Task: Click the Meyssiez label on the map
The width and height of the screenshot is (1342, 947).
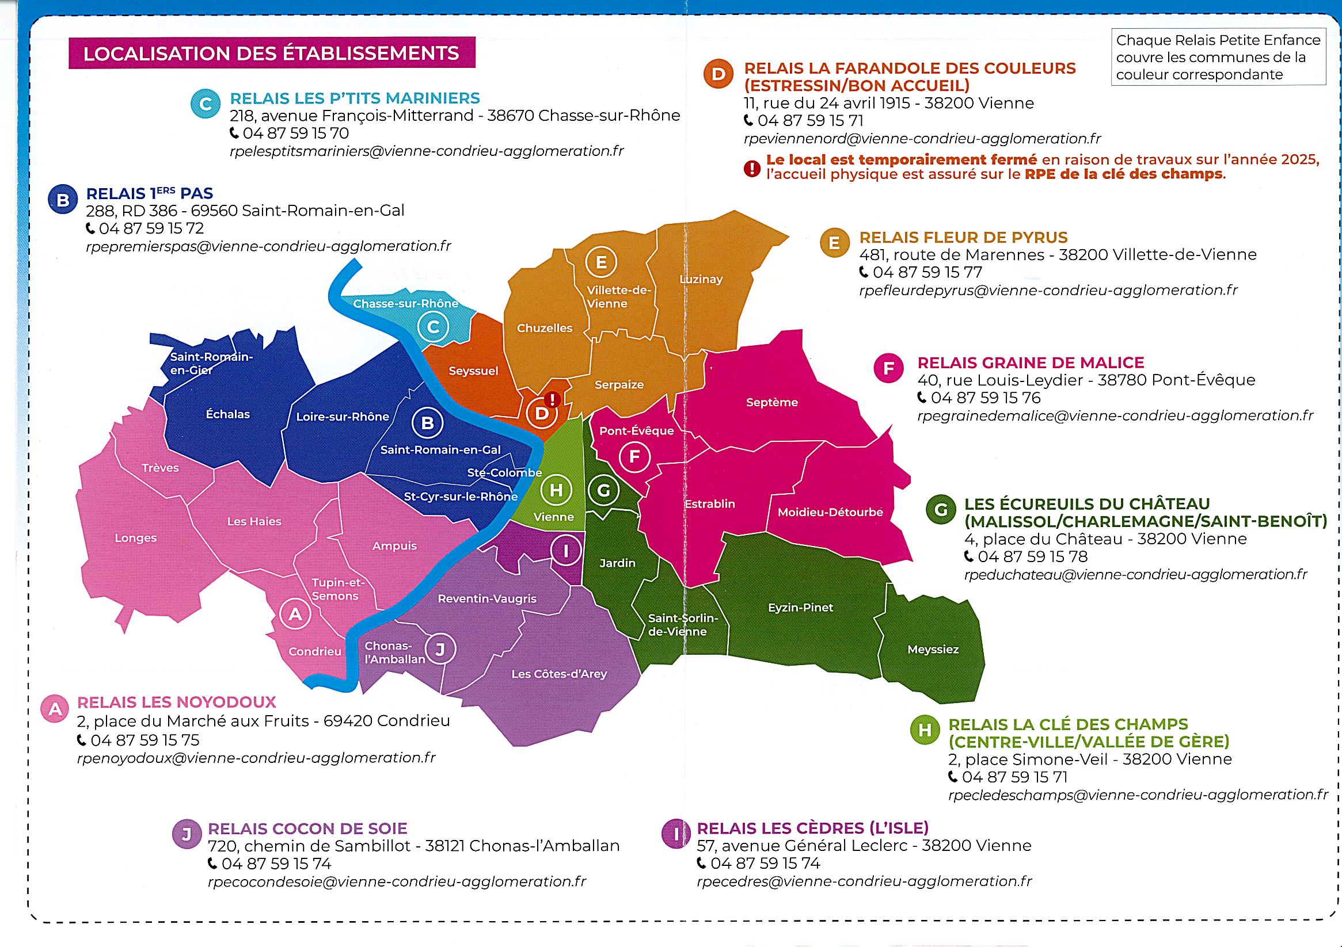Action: [x=933, y=649]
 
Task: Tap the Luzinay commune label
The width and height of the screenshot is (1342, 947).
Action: [x=701, y=279]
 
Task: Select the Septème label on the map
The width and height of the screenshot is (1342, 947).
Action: [x=771, y=402]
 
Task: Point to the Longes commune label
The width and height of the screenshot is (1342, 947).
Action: [x=136, y=538]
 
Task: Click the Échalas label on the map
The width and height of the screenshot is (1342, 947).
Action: [x=227, y=414]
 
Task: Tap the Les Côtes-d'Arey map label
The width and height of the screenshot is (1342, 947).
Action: [x=559, y=674]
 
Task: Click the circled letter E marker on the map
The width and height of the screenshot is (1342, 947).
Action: [x=601, y=262]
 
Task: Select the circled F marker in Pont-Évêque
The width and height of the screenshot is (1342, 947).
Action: [x=634, y=457]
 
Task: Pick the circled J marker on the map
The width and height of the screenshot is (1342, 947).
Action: [x=440, y=648]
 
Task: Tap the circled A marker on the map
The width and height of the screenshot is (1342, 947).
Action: [x=295, y=614]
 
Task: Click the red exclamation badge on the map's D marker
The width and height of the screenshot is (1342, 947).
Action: [x=552, y=400]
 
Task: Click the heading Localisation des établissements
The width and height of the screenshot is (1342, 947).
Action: [x=271, y=53]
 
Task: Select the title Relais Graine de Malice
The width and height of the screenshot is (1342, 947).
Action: [x=1031, y=363]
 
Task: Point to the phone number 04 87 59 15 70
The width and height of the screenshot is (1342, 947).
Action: [x=296, y=133]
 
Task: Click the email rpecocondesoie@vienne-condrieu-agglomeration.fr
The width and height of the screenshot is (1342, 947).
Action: [x=396, y=881]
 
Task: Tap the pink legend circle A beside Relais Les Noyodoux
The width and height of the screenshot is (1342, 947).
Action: [x=55, y=709]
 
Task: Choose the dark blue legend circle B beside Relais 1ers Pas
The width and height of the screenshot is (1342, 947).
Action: [x=63, y=200]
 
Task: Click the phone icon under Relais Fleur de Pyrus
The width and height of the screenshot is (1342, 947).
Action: [x=864, y=272]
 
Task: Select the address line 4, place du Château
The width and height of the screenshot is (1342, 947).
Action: [x=1105, y=539]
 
